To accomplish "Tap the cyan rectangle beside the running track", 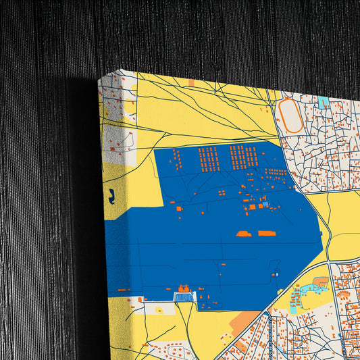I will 323,102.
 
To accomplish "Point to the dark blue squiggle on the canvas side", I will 111,196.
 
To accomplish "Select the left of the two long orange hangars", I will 244,234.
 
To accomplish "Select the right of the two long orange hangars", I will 266,234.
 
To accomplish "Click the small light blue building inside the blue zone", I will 265,203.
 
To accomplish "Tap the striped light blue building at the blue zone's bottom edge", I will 183,297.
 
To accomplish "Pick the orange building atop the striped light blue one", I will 183,290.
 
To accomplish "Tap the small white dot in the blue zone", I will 276,275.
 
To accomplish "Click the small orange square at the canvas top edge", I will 191,82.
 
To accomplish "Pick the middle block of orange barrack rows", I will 208,159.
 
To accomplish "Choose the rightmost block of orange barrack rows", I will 242,157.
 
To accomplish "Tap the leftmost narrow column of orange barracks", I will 177,160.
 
